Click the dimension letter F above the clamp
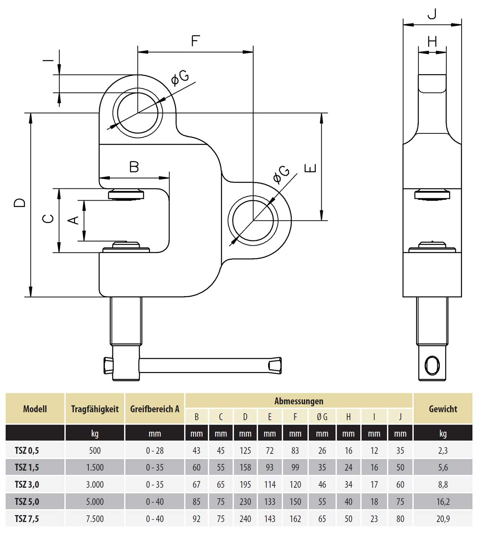point(195,41)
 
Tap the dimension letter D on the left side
point(20,203)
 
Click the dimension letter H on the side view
point(432,41)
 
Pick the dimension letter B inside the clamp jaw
point(134,167)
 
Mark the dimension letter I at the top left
point(48,60)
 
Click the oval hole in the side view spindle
point(432,365)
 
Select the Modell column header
point(35,409)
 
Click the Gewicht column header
point(443,409)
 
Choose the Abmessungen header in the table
point(299,401)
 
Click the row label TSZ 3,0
point(27,485)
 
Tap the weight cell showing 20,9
point(443,519)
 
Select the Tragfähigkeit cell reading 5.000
point(94,502)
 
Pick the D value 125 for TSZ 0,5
point(245,451)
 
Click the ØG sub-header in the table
point(322,417)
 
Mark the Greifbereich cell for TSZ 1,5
point(154,467)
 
